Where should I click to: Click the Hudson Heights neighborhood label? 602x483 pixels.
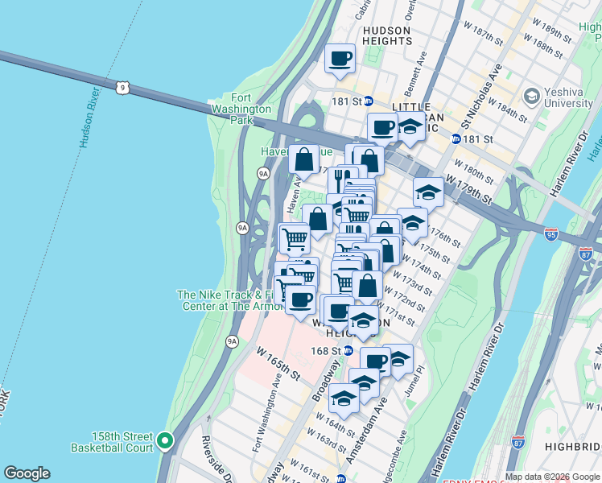[x=387, y=36]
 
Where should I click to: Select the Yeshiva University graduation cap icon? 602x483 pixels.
[x=531, y=97]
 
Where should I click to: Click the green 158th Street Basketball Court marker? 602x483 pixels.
[x=165, y=440]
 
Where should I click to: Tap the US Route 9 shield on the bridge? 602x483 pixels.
[x=122, y=86]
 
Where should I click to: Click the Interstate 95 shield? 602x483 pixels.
[x=551, y=234]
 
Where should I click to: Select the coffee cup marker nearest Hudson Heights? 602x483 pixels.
[x=340, y=60]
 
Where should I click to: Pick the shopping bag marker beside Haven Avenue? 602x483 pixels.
[x=303, y=159]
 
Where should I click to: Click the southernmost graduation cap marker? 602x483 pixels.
[x=344, y=398]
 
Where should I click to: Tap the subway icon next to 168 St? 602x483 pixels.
[x=348, y=351]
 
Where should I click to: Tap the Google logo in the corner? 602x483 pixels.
[x=27, y=473]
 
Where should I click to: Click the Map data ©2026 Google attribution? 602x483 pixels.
[x=552, y=477]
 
